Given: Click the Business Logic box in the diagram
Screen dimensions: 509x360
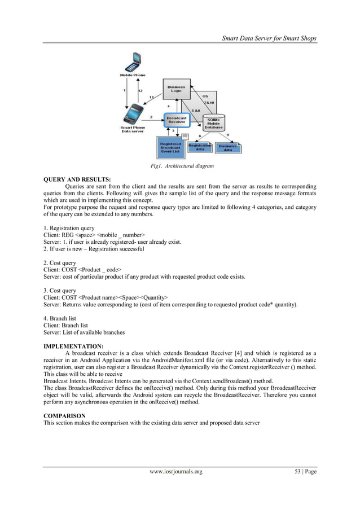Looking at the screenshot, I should (x=176, y=89).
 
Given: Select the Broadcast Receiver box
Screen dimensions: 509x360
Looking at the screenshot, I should (x=176, y=120).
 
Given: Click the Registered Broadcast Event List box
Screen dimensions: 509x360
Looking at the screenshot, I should (x=170, y=148).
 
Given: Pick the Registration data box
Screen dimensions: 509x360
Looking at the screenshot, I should (x=200, y=147).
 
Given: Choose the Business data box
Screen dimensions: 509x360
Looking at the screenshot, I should (x=228, y=147).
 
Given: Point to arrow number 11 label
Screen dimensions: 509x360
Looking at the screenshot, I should (x=151, y=97).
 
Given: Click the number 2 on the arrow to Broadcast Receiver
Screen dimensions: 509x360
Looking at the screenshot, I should (x=151, y=116).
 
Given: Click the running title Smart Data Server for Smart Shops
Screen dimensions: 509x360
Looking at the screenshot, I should (x=269, y=38).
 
